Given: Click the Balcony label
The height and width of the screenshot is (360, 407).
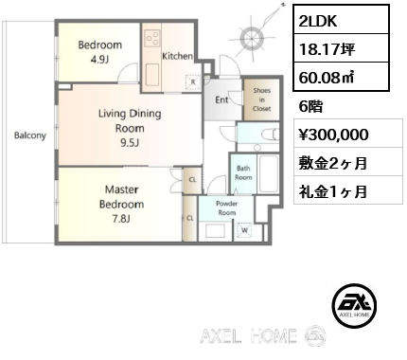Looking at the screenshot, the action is (30, 135).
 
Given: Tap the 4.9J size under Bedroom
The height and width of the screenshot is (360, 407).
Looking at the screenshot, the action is (99, 60).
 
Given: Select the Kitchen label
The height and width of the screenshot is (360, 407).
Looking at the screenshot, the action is (177, 56).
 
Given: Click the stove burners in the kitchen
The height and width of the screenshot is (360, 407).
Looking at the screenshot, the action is (152, 37).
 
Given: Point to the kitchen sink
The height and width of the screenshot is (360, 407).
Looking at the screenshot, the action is (152, 75).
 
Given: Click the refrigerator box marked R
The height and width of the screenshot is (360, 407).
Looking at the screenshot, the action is (193, 82).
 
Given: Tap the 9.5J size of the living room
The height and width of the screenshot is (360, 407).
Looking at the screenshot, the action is (130, 143).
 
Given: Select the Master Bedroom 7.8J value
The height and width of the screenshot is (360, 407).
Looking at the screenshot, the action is (121, 219).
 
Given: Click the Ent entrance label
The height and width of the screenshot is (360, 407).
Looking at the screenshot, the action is (221, 100).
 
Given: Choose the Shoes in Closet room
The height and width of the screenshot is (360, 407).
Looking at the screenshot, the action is (261, 99).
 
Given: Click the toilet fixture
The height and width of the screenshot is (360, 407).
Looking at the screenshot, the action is (271, 135).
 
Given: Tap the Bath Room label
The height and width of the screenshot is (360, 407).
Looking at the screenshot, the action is (243, 172).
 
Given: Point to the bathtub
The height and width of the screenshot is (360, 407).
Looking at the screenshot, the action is (269, 173).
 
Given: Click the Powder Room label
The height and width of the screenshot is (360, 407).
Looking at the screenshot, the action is (227, 207).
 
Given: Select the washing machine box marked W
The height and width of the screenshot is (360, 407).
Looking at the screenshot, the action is (244, 230).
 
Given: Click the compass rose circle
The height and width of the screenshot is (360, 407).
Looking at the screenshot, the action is (252, 39).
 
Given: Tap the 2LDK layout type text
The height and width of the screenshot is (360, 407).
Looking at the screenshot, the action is (318, 21).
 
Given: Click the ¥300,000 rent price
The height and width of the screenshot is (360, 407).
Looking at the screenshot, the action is (333, 135).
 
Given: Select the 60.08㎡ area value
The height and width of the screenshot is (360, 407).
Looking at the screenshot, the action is (327, 78).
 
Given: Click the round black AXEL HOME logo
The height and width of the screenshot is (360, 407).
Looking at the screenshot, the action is (354, 305).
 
